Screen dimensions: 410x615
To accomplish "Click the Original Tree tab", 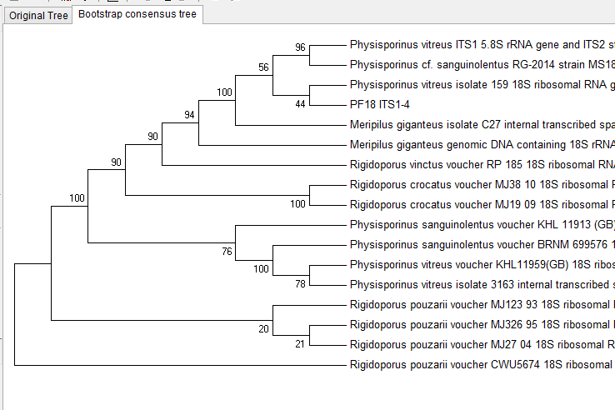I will click(x=38, y=15).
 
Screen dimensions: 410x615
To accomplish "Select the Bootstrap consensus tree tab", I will click(x=137, y=14).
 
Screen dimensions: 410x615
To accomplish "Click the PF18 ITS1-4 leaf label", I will click(x=379, y=104).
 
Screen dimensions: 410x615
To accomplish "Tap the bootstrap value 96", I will click(x=301, y=47).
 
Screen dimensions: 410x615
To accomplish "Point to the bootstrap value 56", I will click(x=264, y=67).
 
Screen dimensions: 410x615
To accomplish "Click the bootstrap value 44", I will click(x=301, y=104).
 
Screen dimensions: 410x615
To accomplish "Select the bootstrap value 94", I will click(x=190, y=115).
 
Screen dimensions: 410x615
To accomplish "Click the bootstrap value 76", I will click(x=227, y=251).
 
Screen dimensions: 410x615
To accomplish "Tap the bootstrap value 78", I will click(x=301, y=284).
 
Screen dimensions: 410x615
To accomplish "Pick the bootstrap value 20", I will click(x=264, y=328).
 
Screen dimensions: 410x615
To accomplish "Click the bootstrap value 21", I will click(x=301, y=344).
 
